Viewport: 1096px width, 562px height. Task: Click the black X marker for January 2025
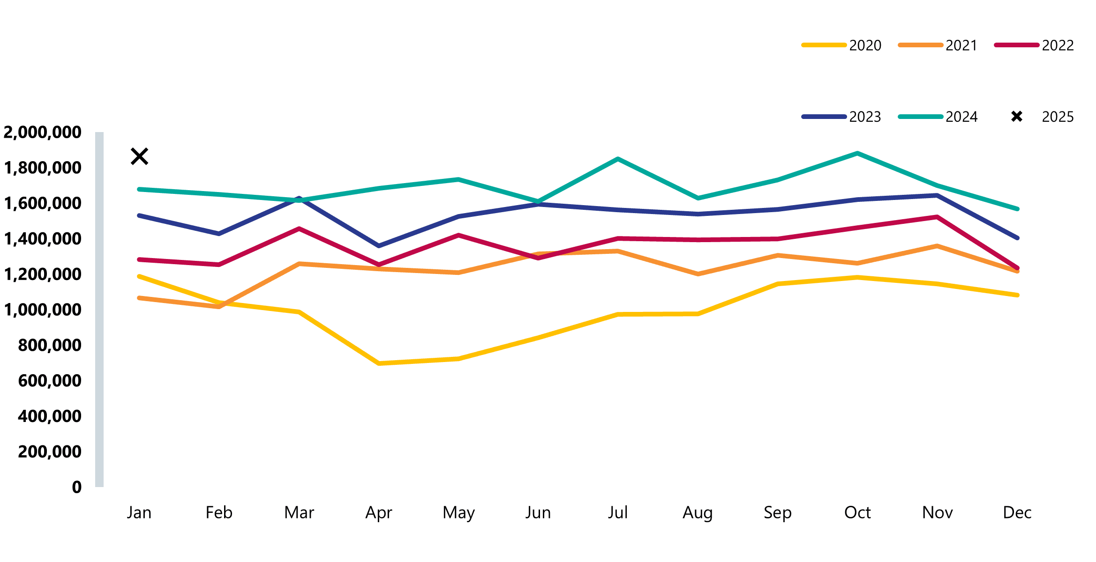click(x=139, y=156)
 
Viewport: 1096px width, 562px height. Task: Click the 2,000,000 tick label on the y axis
click(x=43, y=133)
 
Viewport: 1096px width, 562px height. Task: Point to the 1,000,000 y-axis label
click(x=43, y=310)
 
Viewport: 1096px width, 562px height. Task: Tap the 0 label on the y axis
click(x=76, y=487)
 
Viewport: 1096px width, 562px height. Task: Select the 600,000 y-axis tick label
click(x=50, y=381)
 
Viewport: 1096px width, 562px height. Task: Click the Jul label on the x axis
click(x=618, y=512)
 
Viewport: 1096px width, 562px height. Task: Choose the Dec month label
click(x=1017, y=512)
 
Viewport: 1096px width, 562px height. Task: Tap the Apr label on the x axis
click(x=379, y=512)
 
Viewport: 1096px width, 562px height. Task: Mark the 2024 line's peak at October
click(x=857, y=153)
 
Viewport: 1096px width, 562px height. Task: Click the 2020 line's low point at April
click(x=379, y=363)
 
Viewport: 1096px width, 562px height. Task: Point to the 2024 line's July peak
click(x=618, y=159)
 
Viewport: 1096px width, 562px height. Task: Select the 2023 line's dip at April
click(x=379, y=246)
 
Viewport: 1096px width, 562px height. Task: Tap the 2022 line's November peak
click(x=937, y=217)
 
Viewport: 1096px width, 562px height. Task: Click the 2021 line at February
click(x=219, y=307)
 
